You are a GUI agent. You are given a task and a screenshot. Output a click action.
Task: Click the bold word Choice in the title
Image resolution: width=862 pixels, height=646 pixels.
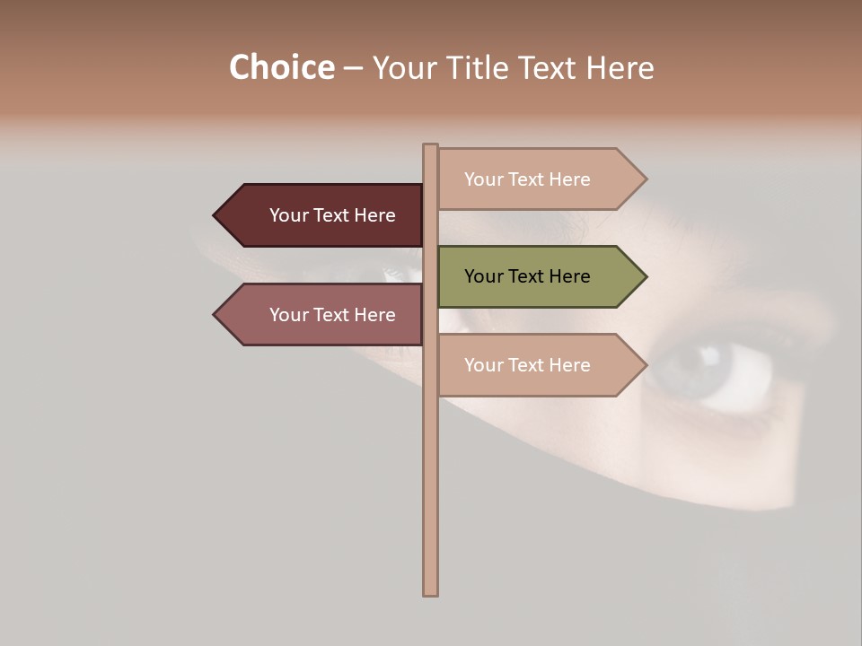(281, 68)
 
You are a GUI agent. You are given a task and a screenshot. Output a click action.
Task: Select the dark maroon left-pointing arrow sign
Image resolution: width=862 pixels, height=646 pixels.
(323, 215)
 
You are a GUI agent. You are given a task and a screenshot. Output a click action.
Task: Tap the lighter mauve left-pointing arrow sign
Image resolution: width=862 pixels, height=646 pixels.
(323, 315)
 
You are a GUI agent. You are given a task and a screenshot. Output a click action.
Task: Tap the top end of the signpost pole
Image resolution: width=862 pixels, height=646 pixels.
(430, 146)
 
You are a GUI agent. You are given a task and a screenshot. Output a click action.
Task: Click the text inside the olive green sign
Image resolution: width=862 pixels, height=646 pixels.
(527, 276)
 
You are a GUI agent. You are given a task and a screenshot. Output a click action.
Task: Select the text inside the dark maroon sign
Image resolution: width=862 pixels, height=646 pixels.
(332, 215)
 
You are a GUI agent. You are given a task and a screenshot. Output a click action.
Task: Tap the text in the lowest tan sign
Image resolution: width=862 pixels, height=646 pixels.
(527, 365)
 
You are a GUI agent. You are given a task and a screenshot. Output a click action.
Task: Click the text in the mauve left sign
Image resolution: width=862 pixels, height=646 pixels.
(332, 315)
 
